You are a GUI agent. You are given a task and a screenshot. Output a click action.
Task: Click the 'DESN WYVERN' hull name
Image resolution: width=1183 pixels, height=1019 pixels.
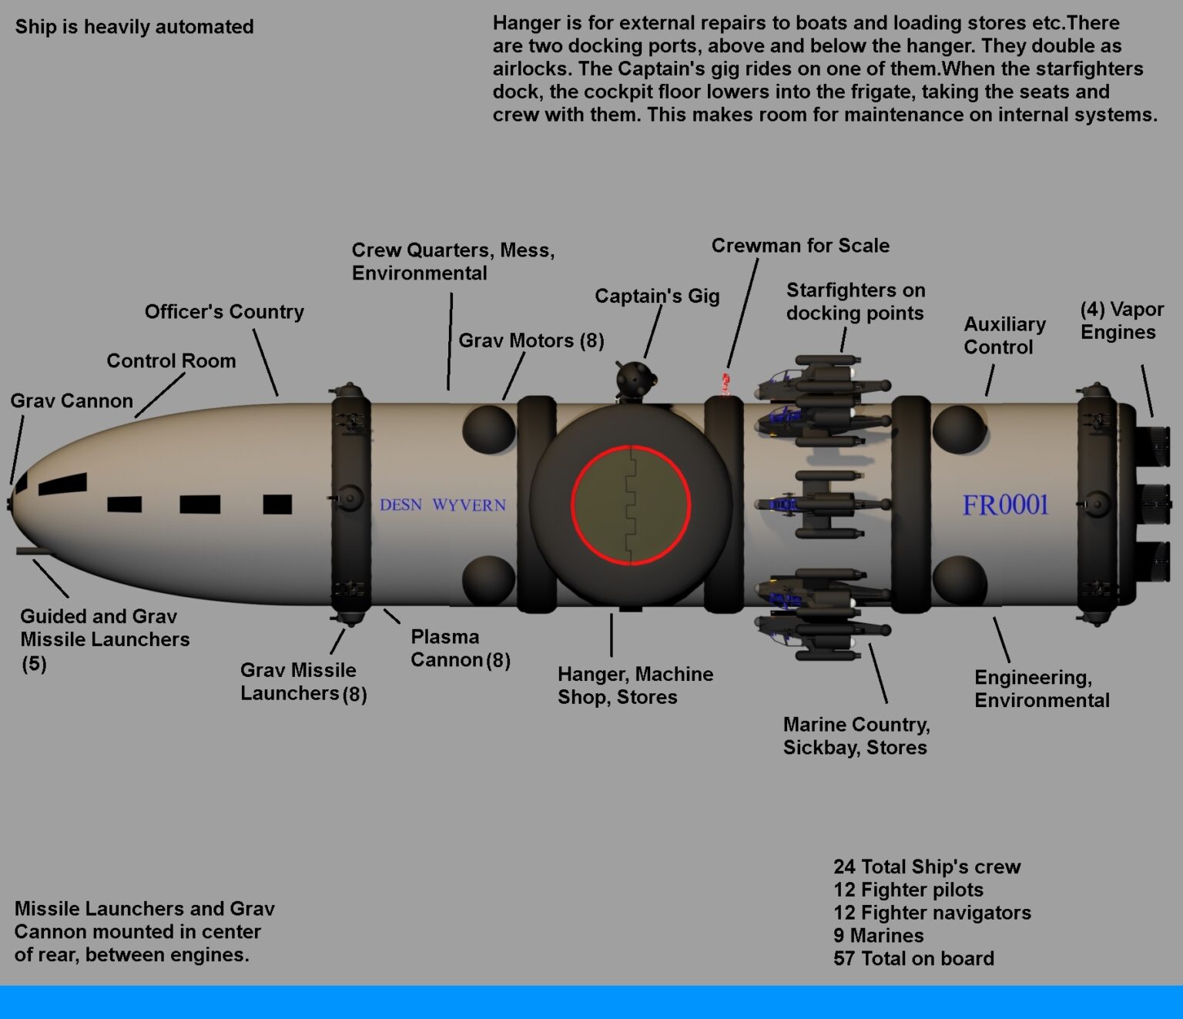[443, 505]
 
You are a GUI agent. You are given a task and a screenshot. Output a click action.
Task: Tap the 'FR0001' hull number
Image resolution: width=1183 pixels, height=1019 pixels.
[1005, 505]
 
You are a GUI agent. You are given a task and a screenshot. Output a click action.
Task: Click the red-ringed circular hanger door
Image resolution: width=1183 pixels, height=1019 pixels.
[631, 505]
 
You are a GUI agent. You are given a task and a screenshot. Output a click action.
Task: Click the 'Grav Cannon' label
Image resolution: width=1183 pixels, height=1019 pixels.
[72, 401]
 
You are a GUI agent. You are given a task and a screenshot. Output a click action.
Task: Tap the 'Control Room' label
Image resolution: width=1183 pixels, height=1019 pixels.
[171, 361]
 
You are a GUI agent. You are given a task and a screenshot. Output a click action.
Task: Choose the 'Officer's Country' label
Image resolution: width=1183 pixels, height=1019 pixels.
[224, 312]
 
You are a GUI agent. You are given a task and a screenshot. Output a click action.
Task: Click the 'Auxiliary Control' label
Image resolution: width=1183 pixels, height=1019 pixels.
[1004, 336]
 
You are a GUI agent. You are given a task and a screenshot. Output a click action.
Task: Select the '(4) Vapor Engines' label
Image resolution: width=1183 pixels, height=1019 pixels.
[1121, 321]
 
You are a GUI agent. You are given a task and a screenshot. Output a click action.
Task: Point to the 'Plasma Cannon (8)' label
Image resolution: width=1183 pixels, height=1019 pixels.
[460, 649]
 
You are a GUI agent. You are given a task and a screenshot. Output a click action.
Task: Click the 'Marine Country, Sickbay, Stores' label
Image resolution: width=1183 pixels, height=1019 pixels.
[856, 736]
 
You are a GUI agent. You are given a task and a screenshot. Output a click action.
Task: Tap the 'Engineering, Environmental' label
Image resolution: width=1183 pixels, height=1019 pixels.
[1041, 689]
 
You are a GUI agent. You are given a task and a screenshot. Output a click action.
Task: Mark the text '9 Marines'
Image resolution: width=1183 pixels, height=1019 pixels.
[878, 936]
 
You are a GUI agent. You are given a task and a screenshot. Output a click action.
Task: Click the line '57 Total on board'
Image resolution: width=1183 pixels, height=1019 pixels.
[913, 959]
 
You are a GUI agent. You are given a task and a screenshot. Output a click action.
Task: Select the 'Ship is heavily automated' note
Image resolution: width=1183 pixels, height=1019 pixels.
[134, 27]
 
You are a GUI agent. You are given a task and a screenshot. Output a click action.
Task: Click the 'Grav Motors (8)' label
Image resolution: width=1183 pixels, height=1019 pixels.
[531, 340]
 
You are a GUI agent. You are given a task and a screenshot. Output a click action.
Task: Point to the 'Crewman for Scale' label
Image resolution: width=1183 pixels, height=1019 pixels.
[800, 246]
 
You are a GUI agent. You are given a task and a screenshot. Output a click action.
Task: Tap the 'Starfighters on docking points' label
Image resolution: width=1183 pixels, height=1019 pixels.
[856, 302]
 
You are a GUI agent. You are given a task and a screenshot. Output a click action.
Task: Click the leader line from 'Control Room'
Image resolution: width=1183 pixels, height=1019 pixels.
[160, 395]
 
